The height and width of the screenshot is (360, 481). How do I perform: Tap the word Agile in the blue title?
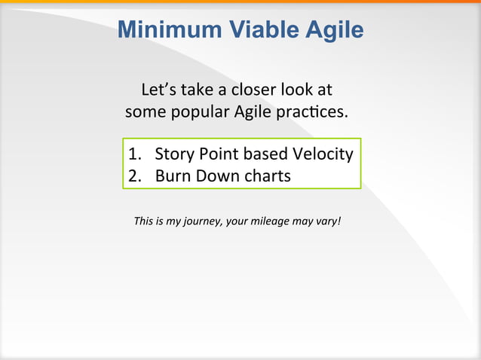point(335,29)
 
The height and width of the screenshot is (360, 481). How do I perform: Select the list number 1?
point(134,154)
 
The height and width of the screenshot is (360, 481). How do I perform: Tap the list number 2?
point(134,176)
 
